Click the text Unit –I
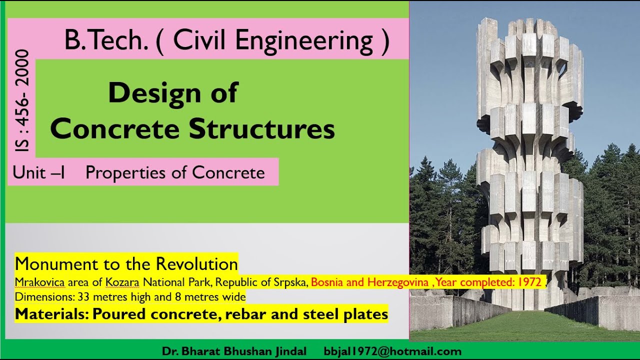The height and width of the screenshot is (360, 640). tap(39, 172)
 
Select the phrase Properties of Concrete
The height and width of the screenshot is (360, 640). tap(175, 172)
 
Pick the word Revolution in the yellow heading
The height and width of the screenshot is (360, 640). tap(196, 263)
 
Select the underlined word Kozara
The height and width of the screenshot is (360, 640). tap(122, 282)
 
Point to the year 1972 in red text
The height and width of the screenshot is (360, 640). tap(529, 282)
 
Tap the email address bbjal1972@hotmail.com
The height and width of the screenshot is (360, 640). tap(392, 351)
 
